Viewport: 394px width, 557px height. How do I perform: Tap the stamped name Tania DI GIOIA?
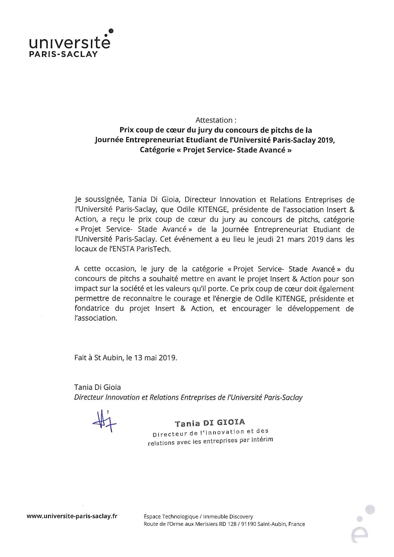click(x=209, y=423)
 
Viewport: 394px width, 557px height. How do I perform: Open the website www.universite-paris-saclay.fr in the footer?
click(x=72, y=516)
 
